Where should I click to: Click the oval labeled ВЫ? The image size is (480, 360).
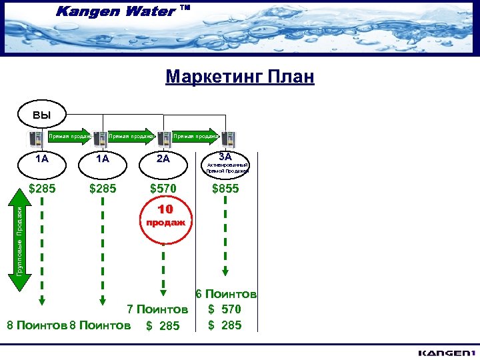41,114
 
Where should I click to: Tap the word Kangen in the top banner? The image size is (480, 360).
84,11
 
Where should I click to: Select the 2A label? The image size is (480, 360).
163,159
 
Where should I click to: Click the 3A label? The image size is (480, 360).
225,156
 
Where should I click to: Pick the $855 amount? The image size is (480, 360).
225,189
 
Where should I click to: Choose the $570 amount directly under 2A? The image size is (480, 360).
163,189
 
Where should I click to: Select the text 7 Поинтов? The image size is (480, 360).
158,309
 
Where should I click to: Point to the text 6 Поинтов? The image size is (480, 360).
226,294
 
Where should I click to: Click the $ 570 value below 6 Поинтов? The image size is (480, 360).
225,309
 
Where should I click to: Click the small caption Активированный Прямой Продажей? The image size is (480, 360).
228,168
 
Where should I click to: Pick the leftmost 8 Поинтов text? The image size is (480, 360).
37,325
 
